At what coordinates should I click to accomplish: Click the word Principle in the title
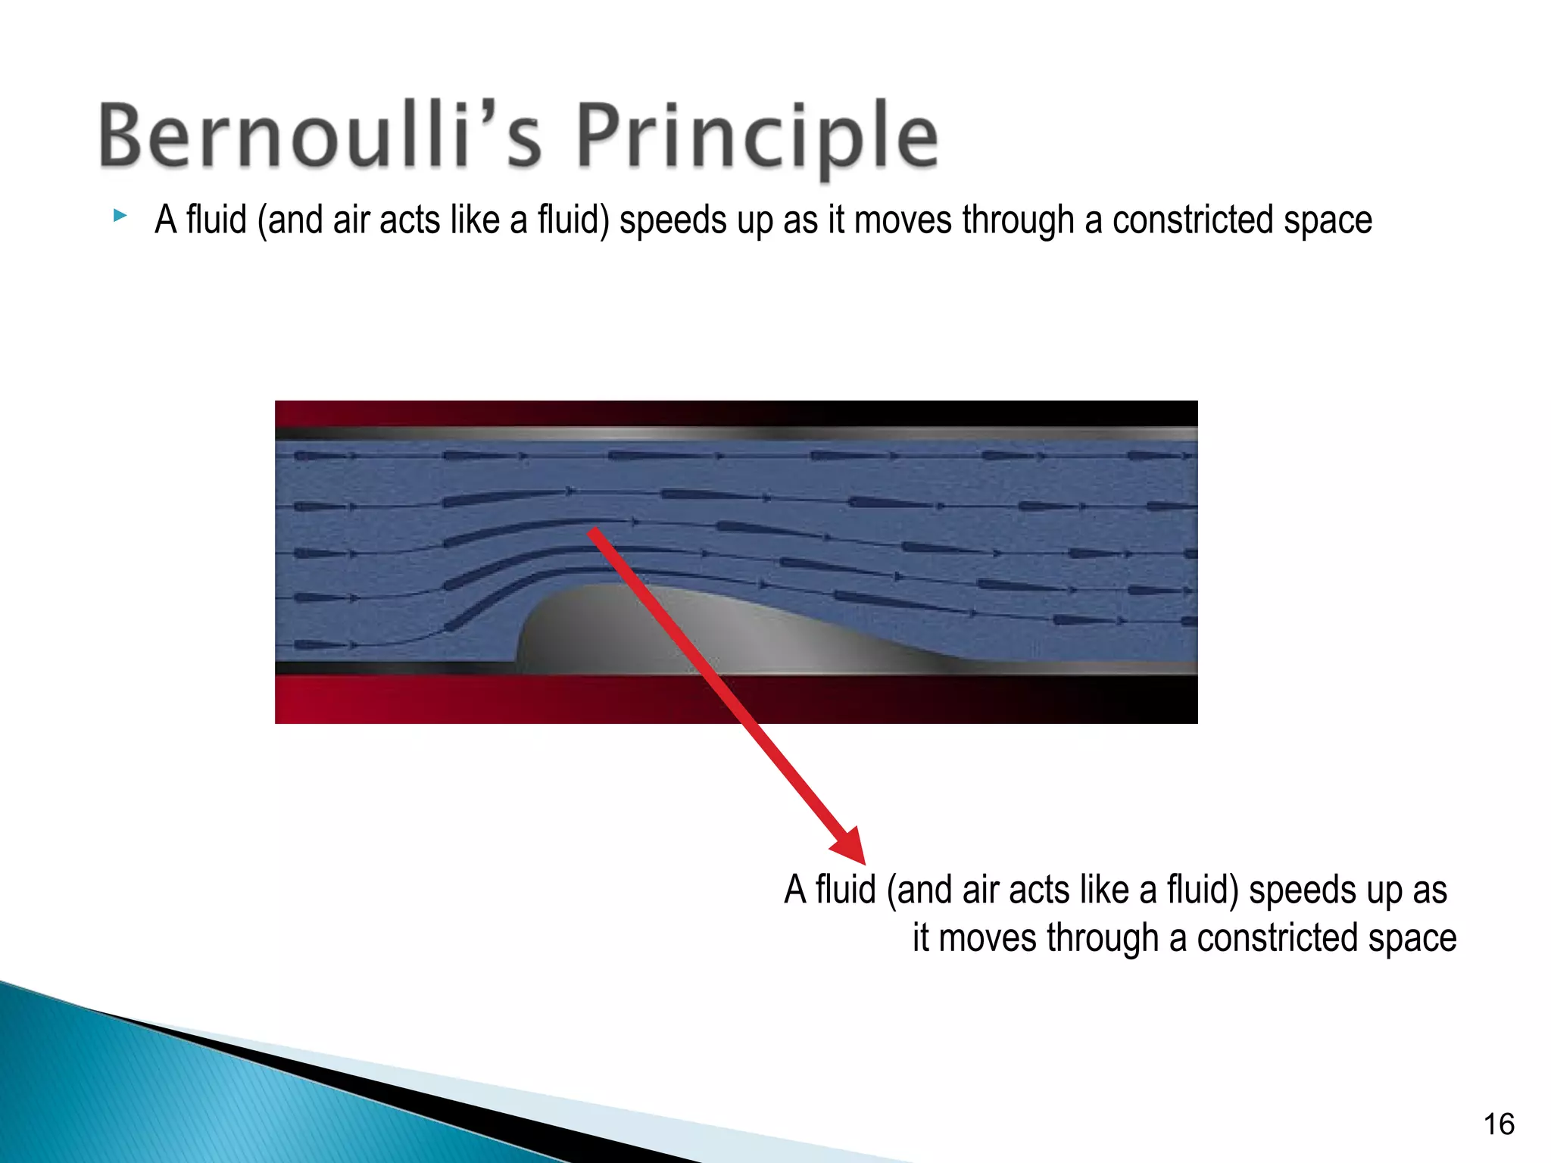pos(757,136)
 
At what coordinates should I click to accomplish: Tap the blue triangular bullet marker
pos(120,216)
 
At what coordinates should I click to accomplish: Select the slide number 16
pos(1498,1124)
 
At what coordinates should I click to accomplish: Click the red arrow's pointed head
pos(852,848)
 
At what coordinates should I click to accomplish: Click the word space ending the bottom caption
pos(1413,939)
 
